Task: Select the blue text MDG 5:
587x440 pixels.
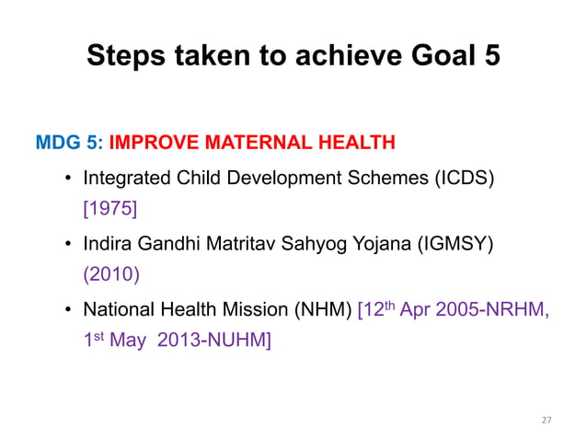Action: [69, 143]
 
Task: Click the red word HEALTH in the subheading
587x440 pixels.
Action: [356, 143]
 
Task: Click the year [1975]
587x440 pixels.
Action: [109, 210]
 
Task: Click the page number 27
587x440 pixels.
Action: [547, 420]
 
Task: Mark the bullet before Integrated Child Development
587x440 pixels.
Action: [69, 179]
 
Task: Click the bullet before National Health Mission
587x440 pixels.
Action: [69, 311]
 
